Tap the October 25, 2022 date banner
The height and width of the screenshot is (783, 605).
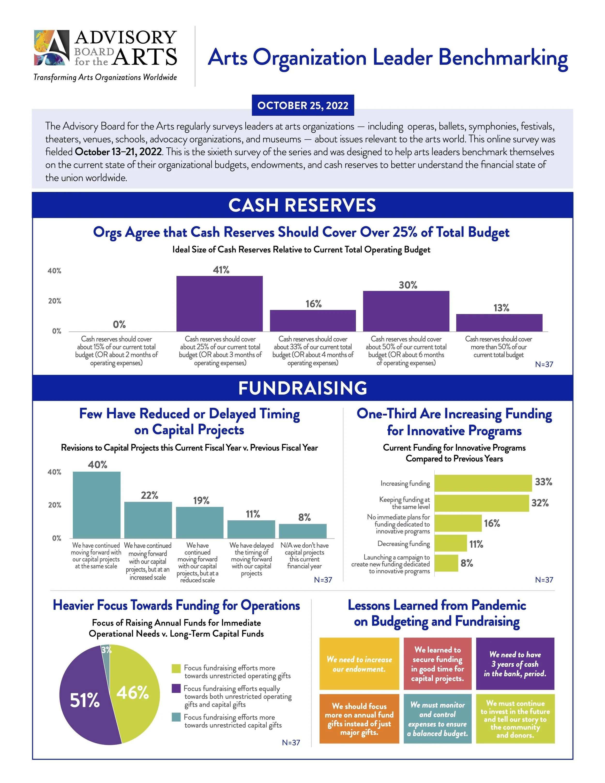(x=302, y=105)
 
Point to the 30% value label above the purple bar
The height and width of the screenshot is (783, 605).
(x=408, y=285)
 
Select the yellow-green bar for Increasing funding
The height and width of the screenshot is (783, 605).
(x=483, y=483)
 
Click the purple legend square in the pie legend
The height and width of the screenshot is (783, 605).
(x=176, y=688)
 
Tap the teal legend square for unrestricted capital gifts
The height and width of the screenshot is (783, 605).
(x=176, y=717)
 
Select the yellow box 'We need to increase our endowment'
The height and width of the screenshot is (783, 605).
(x=359, y=664)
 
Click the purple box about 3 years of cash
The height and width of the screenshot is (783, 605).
(x=515, y=664)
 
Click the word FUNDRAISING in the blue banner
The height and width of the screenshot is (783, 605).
(x=302, y=388)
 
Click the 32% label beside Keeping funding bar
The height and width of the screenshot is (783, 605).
(x=540, y=503)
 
